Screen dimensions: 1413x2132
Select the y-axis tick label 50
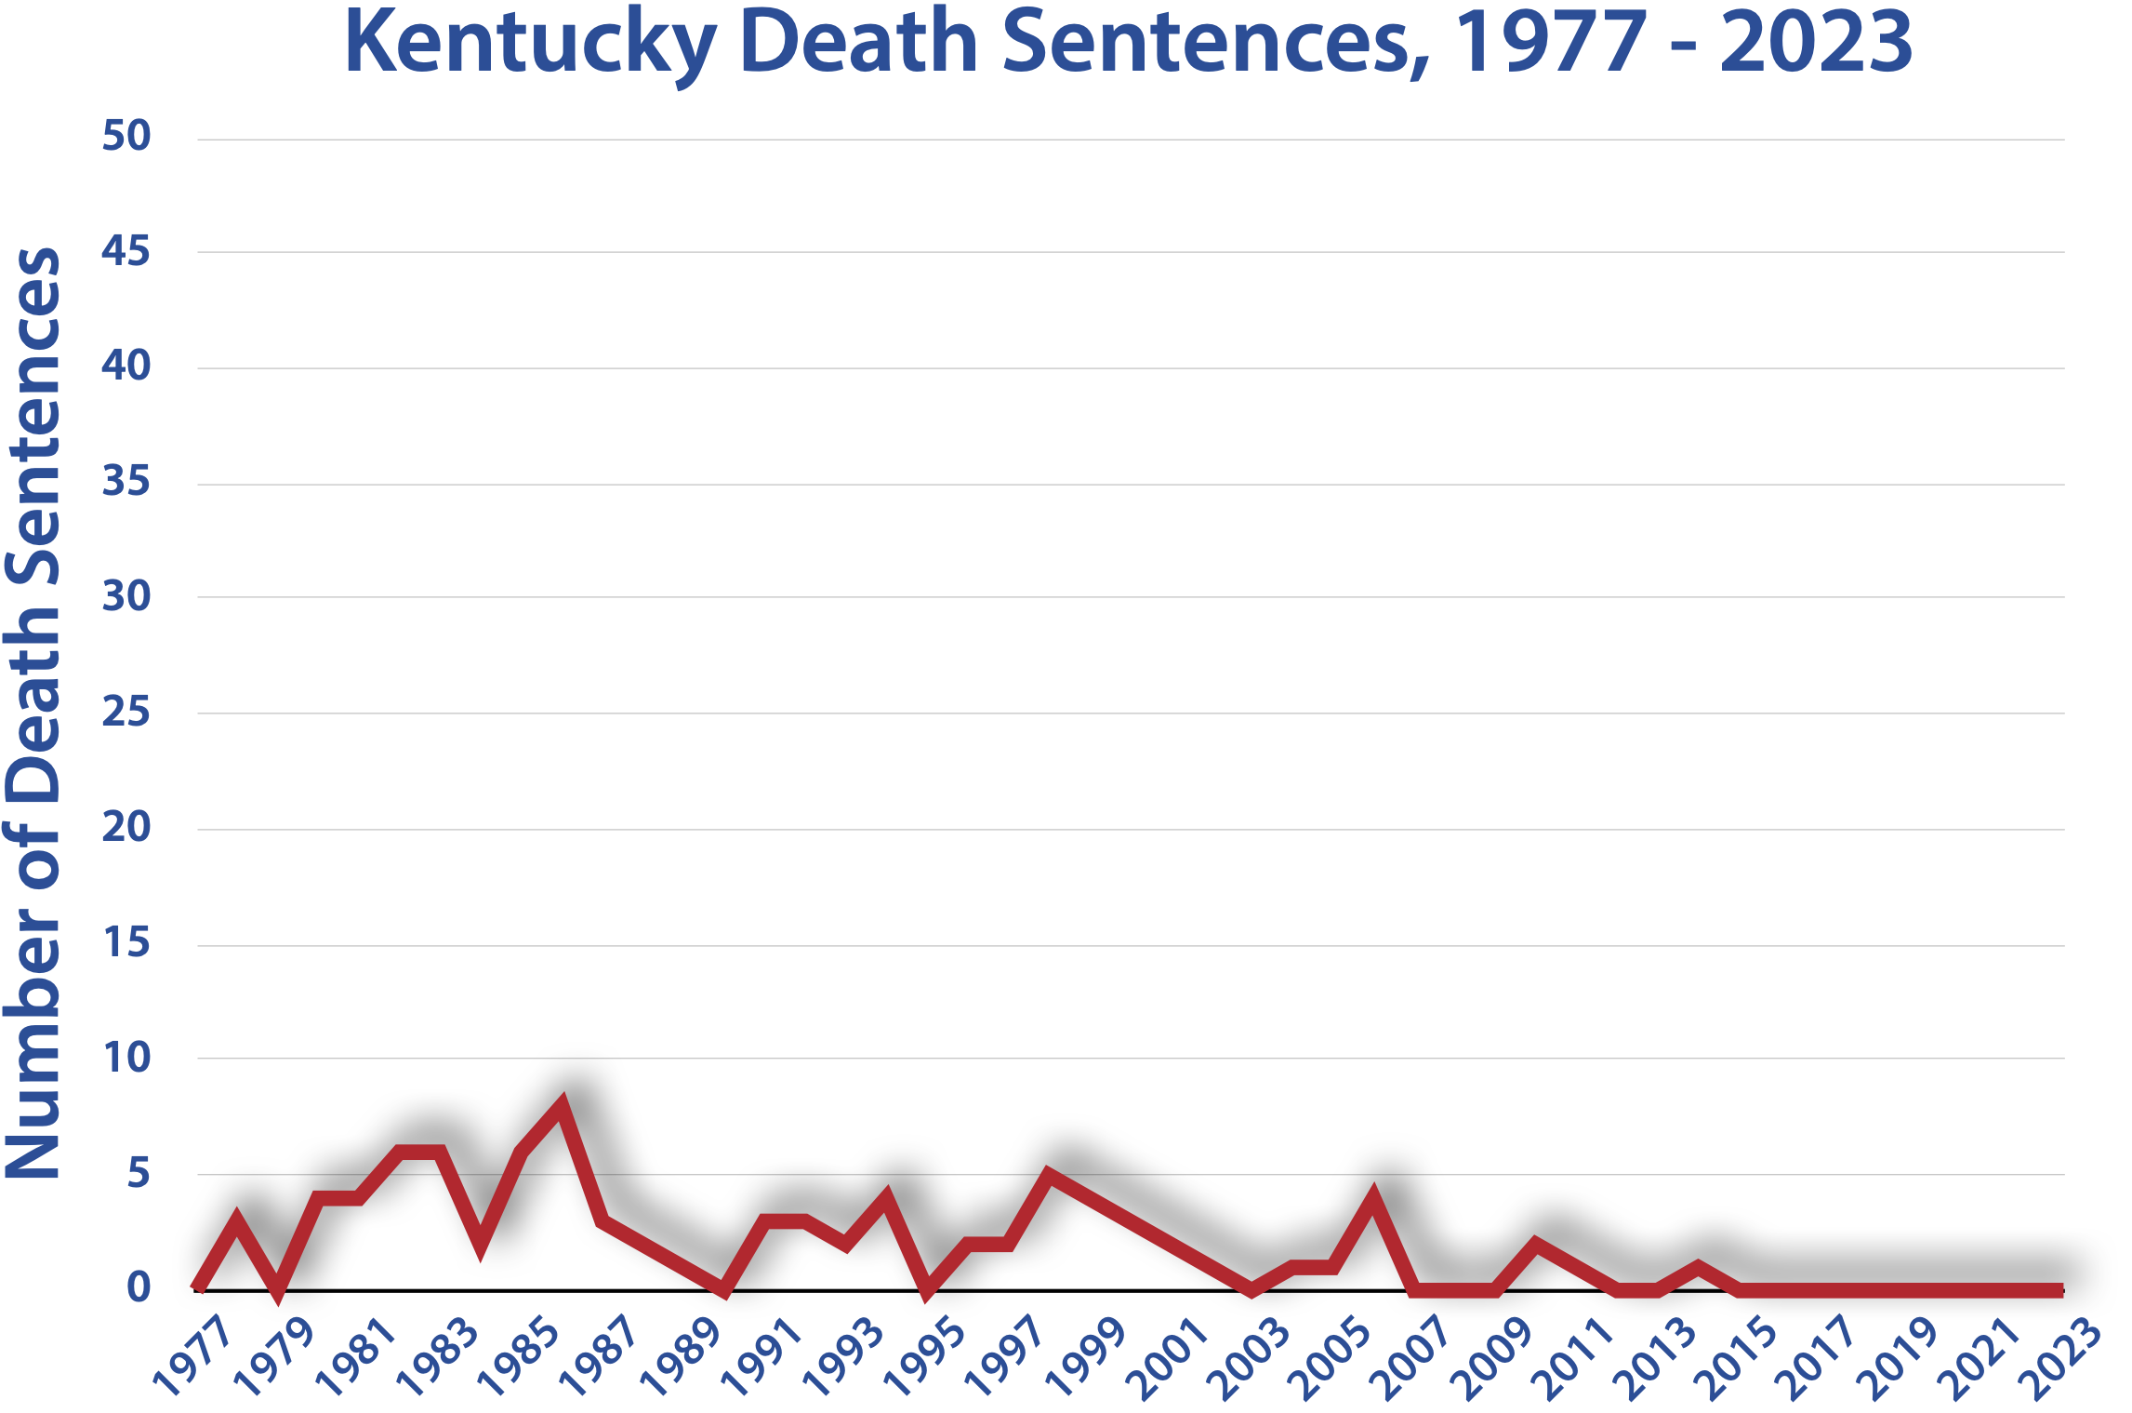126,136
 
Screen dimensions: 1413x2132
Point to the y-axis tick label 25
126,713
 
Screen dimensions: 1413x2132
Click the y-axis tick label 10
126,1058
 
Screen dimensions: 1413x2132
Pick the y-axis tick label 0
138,1287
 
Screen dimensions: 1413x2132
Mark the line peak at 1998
1049,1174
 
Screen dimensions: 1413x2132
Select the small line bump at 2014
1698,1267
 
